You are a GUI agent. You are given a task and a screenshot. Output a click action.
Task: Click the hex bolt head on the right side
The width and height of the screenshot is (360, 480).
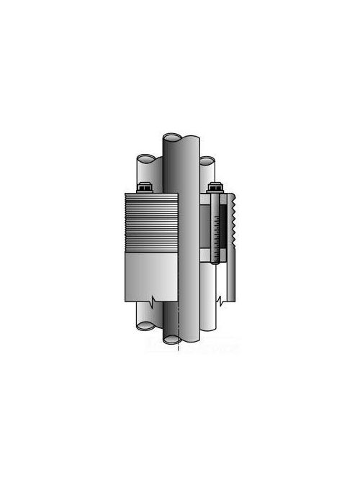tap(215, 189)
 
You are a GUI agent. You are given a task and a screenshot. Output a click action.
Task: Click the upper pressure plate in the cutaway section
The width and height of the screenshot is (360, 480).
tap(211, 200)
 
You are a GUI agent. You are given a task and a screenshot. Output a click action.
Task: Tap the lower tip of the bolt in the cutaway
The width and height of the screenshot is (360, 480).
tap(215, 263)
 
